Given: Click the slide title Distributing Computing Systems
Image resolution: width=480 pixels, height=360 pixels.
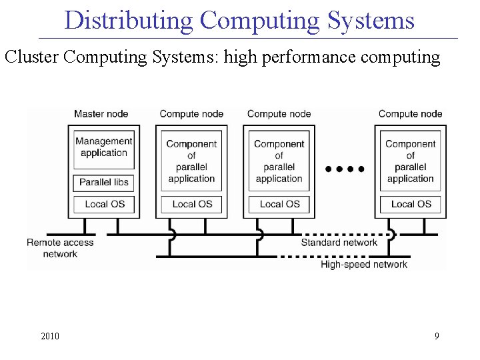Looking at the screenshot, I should click(240, 21).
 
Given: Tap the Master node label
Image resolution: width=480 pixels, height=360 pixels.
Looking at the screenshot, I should click(101, 114).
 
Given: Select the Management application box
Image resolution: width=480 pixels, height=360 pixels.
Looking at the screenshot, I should click(104, 147).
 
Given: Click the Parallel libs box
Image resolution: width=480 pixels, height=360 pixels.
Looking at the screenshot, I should click(104, 182).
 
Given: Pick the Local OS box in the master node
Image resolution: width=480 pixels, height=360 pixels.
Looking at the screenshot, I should click(104, 204).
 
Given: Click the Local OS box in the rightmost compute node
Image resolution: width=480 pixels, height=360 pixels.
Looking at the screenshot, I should click(411, 204).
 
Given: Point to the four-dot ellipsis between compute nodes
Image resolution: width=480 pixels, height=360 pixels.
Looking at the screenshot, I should click(345, 169).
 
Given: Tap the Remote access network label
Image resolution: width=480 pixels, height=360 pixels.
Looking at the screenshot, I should click(60, 248).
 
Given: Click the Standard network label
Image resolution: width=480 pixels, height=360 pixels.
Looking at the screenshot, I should click(339, 243).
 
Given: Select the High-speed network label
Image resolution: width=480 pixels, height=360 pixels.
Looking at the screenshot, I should click(364, 265).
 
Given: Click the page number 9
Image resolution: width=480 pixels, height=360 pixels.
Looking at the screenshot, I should click(437, 336).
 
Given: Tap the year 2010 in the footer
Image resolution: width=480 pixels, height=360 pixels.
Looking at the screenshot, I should click(50, 336).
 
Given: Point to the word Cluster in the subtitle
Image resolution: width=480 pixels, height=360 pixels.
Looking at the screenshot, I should click(33, 57).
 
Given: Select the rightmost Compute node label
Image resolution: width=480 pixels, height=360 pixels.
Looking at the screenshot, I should click(410, 114).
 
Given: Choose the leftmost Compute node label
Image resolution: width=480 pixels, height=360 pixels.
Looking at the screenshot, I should click(191, 114).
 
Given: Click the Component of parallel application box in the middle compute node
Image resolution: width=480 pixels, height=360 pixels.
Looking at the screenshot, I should click(279, 161).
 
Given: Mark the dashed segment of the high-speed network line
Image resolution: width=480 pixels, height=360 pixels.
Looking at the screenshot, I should click(333, 256).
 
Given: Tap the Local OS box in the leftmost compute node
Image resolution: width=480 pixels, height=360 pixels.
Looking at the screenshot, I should click(192, 204).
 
